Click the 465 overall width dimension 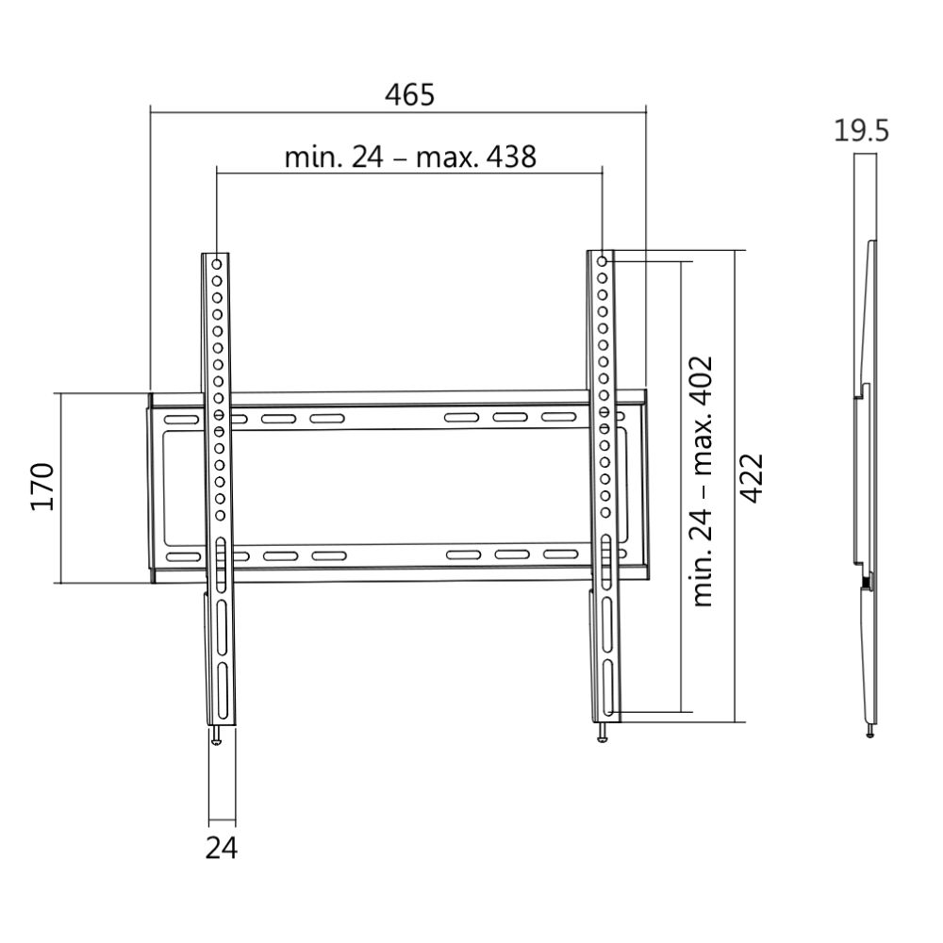(410, 94)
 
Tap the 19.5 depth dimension (860, 130)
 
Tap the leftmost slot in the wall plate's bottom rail (183, 557)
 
